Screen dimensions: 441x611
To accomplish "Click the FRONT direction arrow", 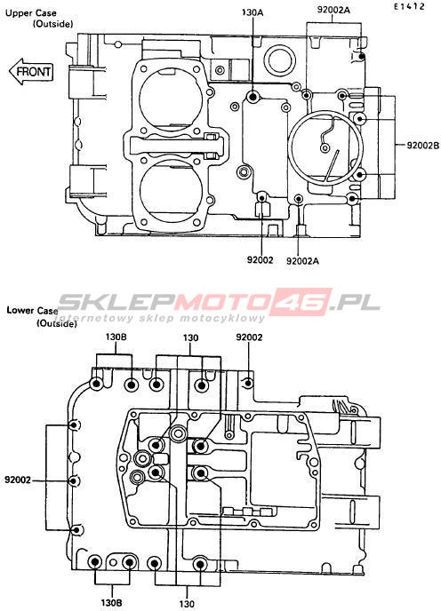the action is pos(31,72).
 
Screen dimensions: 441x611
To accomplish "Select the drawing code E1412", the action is pos(409,6).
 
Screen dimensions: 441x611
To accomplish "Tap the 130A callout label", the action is pos(253,12).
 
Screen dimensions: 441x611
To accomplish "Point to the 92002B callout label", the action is pos(423,146).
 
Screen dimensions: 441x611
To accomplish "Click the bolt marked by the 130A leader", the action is pos(253,96).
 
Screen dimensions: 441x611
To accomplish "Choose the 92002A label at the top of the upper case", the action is pos(333,10).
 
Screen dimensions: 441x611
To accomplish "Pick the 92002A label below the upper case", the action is pos(302,261).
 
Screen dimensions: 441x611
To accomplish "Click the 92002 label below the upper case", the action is pos(260,259).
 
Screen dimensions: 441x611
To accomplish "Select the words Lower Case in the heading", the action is pos(32,311).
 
